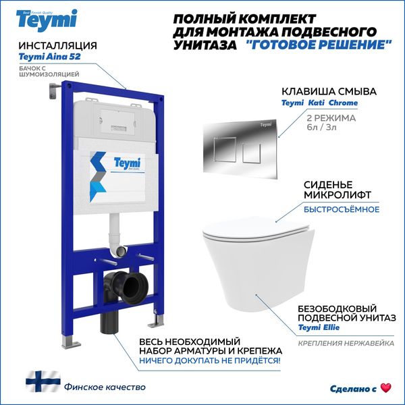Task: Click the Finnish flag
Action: [x=43, y=381]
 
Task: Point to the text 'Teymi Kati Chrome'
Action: [x=320, y=103]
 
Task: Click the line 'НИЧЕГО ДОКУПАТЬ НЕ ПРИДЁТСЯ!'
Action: [x=212, y=361]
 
